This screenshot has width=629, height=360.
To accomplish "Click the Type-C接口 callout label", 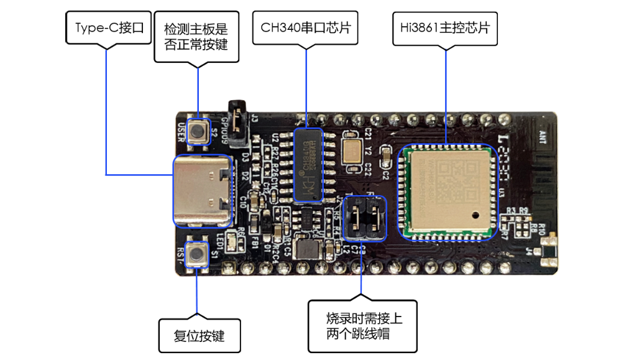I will pos(109,28).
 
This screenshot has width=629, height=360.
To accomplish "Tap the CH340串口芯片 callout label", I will pos(305,28).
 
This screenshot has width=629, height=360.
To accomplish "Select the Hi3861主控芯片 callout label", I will pos(446,28).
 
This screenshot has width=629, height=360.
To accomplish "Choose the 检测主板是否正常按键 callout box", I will pos(196,37).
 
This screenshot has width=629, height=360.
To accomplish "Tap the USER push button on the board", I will pos(200,131).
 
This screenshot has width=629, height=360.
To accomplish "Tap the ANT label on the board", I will pos(541,134).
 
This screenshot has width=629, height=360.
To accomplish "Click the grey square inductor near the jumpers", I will pos(306,249).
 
